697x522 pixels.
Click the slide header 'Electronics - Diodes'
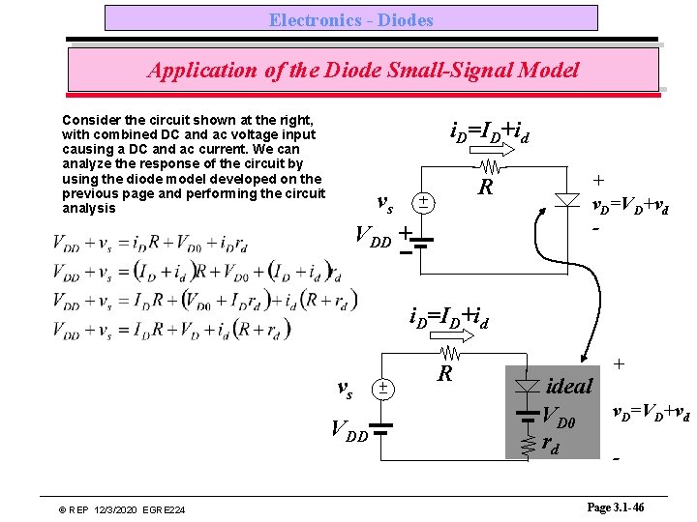tap(350, 19)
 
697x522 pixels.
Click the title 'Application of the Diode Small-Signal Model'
tap(363, 71)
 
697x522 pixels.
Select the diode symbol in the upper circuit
tap(567, 200)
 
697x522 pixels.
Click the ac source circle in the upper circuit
tap(422, 202)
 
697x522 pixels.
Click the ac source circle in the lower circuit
tap(383, 389)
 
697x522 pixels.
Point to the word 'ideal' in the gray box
tap(569, 387)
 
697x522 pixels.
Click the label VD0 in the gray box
tap(565, 418)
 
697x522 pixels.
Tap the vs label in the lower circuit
tap(344, 390)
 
